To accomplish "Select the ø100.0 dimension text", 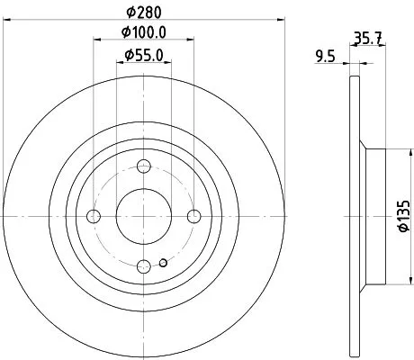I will tap(144, 33).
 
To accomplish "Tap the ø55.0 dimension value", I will tap(144, 57).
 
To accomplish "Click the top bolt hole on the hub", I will tap(144, 166).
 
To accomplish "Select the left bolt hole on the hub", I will tap(94, 216).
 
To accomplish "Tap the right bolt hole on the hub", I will tap(193, 216).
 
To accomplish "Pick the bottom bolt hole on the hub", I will tap(144, 265).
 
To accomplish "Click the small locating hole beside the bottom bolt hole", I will tap(162, 263).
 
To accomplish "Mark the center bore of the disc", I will tap(144, 216).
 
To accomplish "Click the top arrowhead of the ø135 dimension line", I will tap(389, 151).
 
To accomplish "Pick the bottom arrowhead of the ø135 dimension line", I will tap(389, 281).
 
